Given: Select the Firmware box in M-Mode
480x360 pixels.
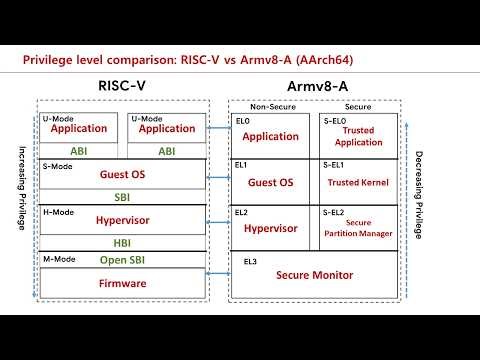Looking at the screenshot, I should [x=122, y=284].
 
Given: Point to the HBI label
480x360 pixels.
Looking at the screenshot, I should [x=122, y=241].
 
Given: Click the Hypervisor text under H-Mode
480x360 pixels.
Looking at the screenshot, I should [x=122, y=220].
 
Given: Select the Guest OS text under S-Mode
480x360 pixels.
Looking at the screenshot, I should [x=122, y=175].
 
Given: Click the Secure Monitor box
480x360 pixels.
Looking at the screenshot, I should [x=316, y=273].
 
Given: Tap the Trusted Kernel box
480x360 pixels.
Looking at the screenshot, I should [x=358, y=182].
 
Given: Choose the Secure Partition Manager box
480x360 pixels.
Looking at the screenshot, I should [x=358, y=227].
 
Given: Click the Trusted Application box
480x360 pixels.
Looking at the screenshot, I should [x=358, y=136].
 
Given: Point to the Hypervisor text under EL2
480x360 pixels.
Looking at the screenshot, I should [x=270, y=228].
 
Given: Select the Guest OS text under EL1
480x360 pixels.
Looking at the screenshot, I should [x=270, y=182].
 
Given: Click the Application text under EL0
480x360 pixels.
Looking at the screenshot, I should [x=270, y=136].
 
